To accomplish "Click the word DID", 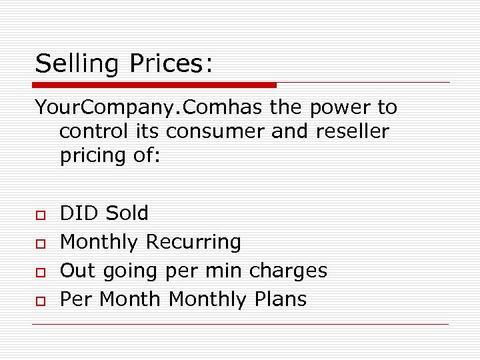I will tap(79, 213).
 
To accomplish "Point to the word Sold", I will tap(127, 213).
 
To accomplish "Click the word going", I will tap(127, 271).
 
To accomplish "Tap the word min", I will tap(225, 271).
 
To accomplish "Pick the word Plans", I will tap(279, 299).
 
